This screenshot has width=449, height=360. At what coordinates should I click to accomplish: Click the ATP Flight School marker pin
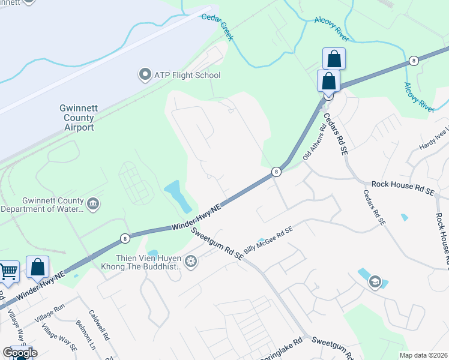(x=145, y=75)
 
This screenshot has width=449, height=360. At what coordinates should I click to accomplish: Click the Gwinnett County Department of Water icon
(x=93, y=205)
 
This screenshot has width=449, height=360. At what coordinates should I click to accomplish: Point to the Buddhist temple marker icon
(x=191, y=261)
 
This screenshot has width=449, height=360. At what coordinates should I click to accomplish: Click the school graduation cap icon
(x=375, y=281)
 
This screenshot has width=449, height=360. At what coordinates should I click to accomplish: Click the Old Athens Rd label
(x=315, y=143)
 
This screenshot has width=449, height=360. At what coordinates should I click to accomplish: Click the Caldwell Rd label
(x=100, y=325)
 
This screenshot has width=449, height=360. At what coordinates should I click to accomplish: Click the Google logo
(x=20, y=353)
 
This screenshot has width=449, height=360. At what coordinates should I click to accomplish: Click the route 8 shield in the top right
(x=414, y=61)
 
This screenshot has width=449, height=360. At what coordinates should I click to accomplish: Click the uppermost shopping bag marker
(x=334, y=59)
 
